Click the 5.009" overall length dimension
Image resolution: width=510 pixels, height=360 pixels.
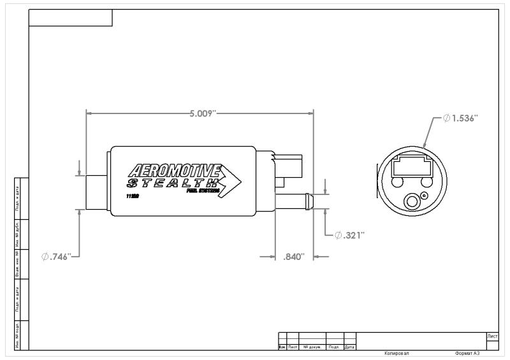click(203, 113)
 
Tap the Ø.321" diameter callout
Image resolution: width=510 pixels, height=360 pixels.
click(349, 235)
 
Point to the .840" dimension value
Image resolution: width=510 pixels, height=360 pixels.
click(293, 256)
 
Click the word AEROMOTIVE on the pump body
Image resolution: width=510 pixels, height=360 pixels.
click(174, 170)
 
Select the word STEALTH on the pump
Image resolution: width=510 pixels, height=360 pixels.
click(172, 182)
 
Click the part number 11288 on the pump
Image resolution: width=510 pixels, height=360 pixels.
click(133, 196)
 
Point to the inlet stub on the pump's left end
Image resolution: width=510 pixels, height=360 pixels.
click(98, 192)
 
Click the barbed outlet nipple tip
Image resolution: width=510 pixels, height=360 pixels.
click(309, 200)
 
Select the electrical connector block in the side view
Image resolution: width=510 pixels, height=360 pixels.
click(291, 165)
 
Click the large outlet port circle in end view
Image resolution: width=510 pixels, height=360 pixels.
click(411, 202)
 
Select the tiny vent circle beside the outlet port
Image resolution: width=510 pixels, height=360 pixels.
click(423, 196)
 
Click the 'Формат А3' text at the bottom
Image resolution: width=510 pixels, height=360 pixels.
click(467, 352)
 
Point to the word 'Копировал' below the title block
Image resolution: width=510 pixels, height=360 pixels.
click(397, 352)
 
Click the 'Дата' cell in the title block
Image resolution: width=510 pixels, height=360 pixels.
click(349, 347)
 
